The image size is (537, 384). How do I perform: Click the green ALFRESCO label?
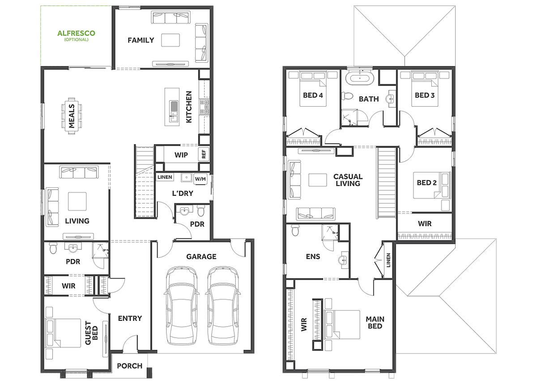(76, 33)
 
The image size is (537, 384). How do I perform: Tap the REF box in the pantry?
(204, 154)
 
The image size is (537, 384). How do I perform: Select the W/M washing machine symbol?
(200, 179)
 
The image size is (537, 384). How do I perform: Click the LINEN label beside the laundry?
(165, 177)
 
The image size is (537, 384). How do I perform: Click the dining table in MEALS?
(72, 116)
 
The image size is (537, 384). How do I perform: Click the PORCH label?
(130, 366)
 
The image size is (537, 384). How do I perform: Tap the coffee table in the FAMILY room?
(170, 40)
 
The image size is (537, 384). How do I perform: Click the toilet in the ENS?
(295, 230)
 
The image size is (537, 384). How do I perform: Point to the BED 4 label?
(313, 95)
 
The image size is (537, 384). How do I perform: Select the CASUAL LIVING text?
(348, 180)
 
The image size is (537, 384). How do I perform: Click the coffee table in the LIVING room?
(77, 201)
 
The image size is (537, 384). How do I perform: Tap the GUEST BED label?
(92, 333)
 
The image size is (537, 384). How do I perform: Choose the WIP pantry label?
(181, 155)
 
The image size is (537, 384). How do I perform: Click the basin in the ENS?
(343, 260)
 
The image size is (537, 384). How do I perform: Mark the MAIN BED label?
(375, 323)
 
